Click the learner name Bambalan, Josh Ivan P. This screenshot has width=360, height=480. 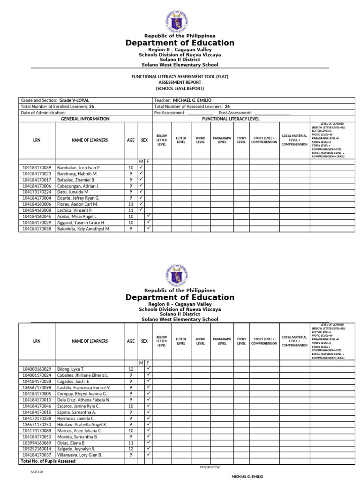[79, 167]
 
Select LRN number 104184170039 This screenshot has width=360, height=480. [37, 167]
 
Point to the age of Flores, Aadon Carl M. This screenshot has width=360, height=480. [131, 204]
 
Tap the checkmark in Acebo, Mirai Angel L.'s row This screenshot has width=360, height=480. [149, 216]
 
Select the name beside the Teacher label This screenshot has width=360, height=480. [193, 100]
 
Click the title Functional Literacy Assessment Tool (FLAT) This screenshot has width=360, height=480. [180, 76]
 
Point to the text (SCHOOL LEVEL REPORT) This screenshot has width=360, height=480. [180, 89]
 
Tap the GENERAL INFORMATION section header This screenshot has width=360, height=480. [85, 119]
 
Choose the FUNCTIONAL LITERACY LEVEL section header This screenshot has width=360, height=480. [231, 119]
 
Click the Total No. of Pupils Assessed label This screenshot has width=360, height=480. [48, 461]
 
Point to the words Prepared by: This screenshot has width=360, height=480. [210, 467]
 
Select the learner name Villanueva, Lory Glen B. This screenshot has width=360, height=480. [79, 455]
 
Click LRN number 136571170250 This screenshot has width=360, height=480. [37, 424]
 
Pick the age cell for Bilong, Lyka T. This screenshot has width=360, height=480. [131, 369]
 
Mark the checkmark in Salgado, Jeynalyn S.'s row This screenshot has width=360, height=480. [149, 449]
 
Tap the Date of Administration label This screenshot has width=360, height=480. [43, 113]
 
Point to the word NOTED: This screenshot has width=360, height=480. [37, 472]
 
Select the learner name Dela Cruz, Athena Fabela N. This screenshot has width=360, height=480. [83, 400]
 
